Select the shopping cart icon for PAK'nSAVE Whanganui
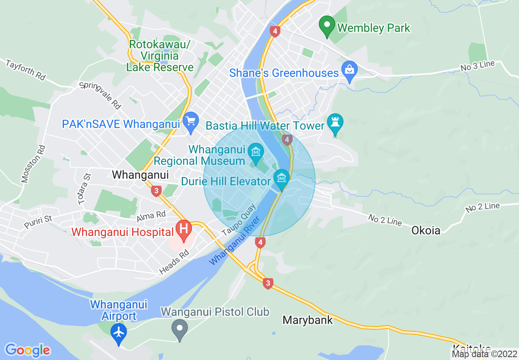pos(190,122)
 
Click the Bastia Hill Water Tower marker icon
pos(335,123)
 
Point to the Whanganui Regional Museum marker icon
pos(256,153)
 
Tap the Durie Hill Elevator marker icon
pos(282,178)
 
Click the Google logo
pos(27,350)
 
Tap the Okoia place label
pos(426,230)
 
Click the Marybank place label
pos(308,320)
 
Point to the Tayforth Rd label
pos(25,70)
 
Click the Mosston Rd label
pos(32,163)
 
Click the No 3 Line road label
pos(478,66)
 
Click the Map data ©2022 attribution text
pos(485,354)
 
